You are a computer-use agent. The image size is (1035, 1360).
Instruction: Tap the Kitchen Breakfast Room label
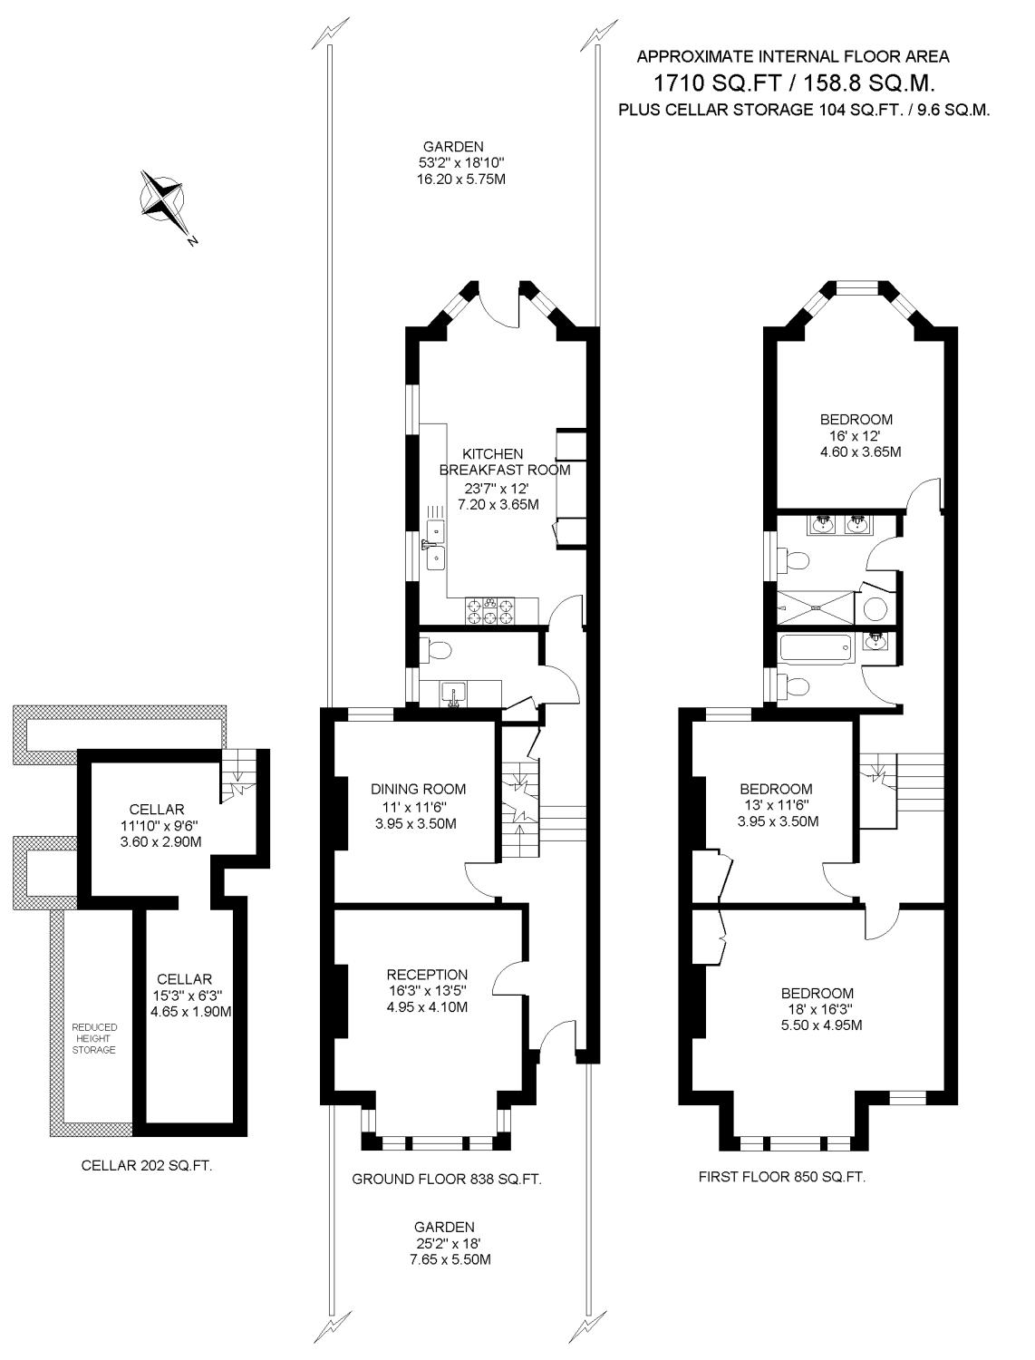(x=504, y=461)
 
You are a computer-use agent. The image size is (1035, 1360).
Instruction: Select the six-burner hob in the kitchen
(x=490, y=610)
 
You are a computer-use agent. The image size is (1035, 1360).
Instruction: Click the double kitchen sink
(x=435, y=544)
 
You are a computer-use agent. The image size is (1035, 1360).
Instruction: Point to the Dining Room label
(x=418, y=790)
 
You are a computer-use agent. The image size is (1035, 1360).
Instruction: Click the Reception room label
(x=428, y=975)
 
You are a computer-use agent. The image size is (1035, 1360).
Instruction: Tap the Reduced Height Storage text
(x=94, y=1038)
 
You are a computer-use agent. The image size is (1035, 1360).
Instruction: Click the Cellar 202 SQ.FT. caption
(x=147, y=1165)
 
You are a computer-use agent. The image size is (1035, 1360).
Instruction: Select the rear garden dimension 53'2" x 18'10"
(x=461, y=163)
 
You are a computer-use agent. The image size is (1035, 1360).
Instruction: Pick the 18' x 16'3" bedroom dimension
(x=821, y=1009)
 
